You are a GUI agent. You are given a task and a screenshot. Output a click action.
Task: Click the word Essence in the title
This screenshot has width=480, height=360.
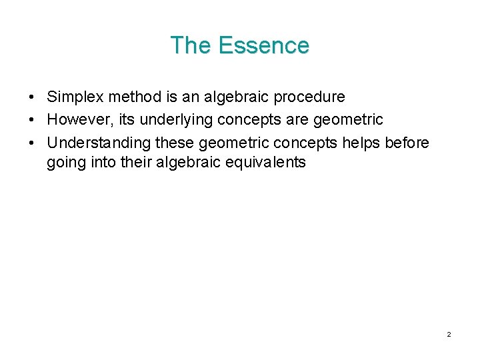tap(263, 45)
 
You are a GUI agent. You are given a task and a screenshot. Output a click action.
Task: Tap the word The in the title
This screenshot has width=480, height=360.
tap(191, 45)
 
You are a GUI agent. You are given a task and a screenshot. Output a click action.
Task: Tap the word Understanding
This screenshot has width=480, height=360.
tap(99, 143)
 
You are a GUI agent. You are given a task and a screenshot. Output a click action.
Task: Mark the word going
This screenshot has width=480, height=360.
tap(65, 162)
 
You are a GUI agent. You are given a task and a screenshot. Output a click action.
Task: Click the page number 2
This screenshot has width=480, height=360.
tap(449, 334)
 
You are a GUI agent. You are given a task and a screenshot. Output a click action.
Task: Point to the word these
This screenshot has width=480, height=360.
tap(175, 143)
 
